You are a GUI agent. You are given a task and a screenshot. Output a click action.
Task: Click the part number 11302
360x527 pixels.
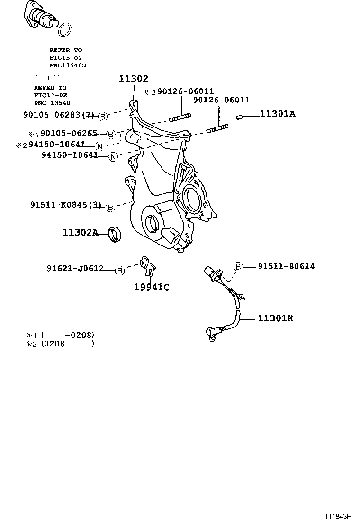[x=134, y=80]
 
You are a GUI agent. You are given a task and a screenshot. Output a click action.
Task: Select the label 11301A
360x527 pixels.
[x=277, y=114]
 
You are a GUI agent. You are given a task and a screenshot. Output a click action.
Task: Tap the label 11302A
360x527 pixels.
[x=80, y=232]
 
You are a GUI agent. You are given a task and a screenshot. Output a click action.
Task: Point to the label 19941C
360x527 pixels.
[x=152, y=287]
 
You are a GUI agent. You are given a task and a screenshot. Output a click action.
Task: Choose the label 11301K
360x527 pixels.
[x=275, y=318]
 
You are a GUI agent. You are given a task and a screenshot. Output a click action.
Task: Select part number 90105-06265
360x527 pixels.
[x=69, y=134]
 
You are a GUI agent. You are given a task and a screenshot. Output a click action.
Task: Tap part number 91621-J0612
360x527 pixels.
[x=75, y=269]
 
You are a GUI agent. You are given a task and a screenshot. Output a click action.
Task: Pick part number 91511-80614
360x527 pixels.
[x=286, y=266]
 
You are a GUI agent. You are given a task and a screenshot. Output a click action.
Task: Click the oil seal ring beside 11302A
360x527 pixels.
[x=115, y=234]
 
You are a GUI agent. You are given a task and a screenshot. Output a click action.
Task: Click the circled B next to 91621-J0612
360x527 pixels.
[x=120, y=270]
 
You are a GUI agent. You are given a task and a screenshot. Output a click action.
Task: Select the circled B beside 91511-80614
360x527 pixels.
[x=238, y=267]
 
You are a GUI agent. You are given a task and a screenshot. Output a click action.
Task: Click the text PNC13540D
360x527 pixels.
[x=68, y=65]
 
